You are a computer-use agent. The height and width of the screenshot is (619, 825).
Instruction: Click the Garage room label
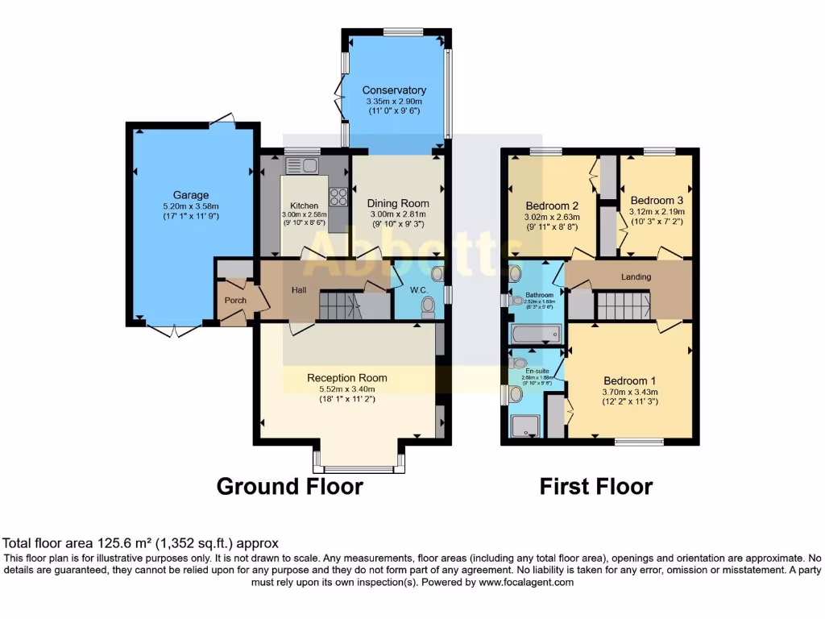point(191,195)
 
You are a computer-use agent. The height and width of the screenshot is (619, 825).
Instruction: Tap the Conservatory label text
point(394,90)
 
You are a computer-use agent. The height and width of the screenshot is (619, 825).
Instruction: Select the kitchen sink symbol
point(301,166)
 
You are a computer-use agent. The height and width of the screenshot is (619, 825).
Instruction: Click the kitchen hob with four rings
point(338,197)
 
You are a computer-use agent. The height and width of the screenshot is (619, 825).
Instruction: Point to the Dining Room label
point(398,203)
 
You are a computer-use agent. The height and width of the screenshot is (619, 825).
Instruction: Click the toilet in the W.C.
point(429,305)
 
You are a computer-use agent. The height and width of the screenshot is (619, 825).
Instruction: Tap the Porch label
point(235,301)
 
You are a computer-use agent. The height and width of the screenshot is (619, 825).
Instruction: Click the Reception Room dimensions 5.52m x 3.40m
point(346,388)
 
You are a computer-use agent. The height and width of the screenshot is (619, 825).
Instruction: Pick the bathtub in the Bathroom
point(535,333)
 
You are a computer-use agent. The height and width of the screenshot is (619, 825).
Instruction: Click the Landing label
point(636,277)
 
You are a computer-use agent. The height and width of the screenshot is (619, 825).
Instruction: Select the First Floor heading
point(595,487)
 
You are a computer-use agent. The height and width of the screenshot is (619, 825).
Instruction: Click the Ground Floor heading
point(290,487)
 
